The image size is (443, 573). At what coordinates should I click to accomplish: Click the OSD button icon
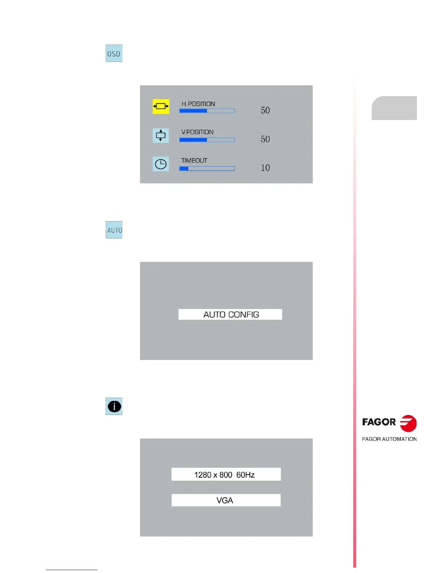(x=114, y=53)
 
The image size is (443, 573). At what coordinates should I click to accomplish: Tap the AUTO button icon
(x=114, y=230)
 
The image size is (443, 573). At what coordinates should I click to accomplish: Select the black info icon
(x=114, y=406)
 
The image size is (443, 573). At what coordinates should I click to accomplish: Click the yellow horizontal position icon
(x=161, y=106)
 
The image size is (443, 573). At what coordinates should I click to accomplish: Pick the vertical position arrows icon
(x=161, y=136)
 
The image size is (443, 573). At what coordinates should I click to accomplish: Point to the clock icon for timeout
(x=161, y=164)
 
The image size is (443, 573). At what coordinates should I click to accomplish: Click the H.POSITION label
(x=198, y=104)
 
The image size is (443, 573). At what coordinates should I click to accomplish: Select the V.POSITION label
(x=197, y=132)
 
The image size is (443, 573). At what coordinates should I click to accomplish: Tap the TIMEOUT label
(x=194, y=161)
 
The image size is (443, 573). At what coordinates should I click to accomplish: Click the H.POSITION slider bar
(x=207, y=111)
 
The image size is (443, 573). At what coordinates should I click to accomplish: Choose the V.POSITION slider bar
(x=207, y=140)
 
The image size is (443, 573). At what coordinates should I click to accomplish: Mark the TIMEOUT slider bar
(x=207, y=169)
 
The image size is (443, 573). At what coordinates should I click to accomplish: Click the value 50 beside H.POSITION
(x=265, y=110)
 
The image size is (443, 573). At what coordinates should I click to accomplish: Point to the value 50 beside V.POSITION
(x=265, y=139)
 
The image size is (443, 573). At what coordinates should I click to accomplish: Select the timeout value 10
(x=265, y=168)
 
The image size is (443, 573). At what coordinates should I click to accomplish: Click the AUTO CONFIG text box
(x=230, y=314)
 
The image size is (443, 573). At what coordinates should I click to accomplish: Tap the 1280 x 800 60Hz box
(x=226, y=475)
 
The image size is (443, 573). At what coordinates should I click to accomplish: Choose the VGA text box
(x=226, y=500)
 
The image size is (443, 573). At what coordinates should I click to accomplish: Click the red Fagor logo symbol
(x=408, y=423)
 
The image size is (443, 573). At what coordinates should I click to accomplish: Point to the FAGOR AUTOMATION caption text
(x=389, y=439)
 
